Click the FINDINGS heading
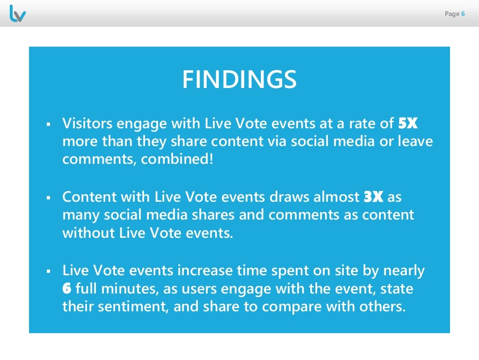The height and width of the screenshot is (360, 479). (239, 80)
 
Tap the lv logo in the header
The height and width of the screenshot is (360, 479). (17, 14)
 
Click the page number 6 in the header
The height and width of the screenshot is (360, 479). (463, 14)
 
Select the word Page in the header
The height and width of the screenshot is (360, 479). (452, 14)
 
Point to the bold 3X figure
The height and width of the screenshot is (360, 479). (374, 197)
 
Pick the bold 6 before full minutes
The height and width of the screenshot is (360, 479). (67, 288)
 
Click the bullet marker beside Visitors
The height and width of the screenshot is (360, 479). (48, 125)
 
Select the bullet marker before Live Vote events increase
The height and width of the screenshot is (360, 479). (48, 271)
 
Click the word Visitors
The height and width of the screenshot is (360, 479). (87, 124)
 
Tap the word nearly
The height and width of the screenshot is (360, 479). (404, 271)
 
